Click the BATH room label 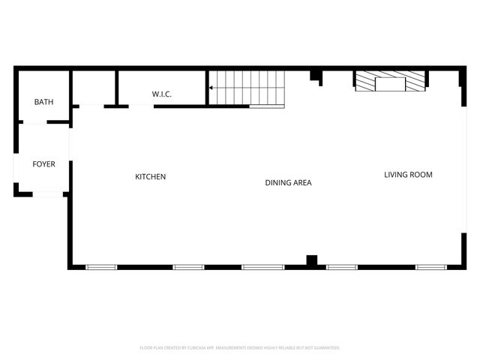(x=43, y=102)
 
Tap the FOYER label (x=43, y=164)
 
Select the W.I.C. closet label (x=162, y=94)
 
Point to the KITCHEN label (x=150, y=177)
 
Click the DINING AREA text (x=288, y=183)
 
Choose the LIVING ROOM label (x=408, y=175)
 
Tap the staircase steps (x=247, y=88)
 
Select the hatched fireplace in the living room (x=390, y=81)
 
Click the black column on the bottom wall (x=312, y=261)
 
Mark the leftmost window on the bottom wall (x=101, y=267)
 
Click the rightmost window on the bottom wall (x=431, y=267)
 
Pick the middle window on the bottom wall (x=262, y=267)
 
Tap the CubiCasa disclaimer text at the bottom (x=240, y=348)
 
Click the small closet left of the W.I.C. (x=93, y=88)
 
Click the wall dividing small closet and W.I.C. (x=116, y=87)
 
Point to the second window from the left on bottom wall (x=189, y=267)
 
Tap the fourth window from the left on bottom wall (x=342, y=267)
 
